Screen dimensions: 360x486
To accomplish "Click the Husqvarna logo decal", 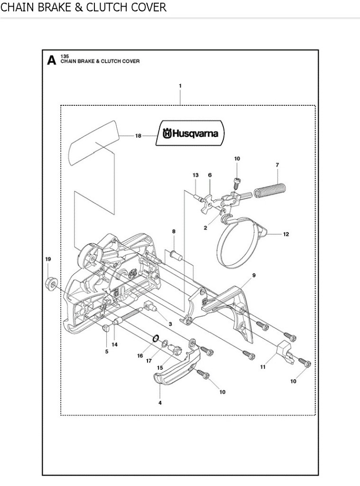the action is click(190, 133).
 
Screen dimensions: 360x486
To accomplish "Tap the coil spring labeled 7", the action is click(269, 191).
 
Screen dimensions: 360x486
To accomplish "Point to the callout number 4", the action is click(160, 403).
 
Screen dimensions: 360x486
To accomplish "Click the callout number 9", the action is click(254, 275).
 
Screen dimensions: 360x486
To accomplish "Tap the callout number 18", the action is click(138, 136).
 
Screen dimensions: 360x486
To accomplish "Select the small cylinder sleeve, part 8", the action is click(175, 255).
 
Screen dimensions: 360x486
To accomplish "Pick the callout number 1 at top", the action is click(180, 86).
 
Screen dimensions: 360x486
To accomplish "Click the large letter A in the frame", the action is click(51, 60).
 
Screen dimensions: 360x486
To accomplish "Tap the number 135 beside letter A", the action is click(65, 56).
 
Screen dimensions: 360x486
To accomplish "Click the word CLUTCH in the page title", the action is click(107, 7).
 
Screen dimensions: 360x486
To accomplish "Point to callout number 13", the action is click(195, 175).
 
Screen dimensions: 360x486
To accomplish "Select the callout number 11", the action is click(263, 367).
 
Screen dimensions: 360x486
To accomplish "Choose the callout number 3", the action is click(170, 324).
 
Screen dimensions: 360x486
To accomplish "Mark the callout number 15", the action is click(160, 368).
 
